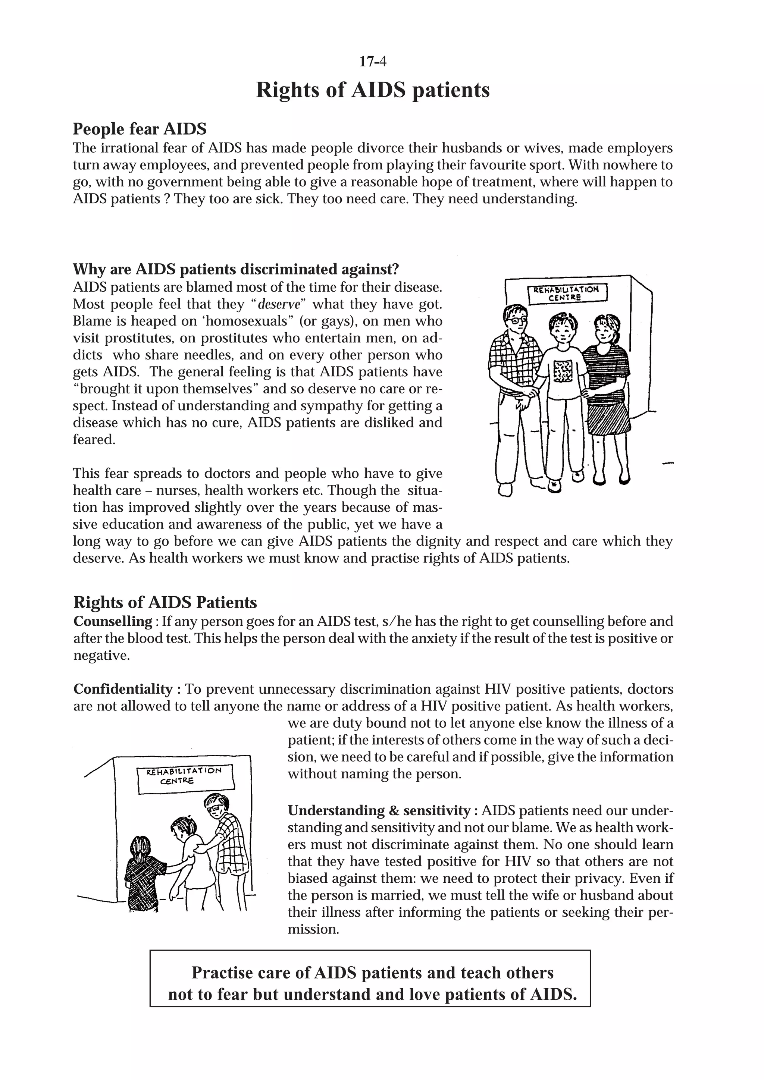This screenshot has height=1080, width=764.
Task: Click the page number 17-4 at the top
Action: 373,62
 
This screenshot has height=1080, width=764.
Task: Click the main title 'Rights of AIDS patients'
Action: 373,90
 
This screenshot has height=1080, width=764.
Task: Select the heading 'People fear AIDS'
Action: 140,129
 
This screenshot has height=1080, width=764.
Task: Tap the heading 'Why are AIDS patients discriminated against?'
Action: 236,270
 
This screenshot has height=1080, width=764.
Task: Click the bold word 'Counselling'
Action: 112,621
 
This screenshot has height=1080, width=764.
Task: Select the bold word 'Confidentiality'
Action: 123,689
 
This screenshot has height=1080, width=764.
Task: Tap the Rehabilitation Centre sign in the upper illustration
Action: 567,293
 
